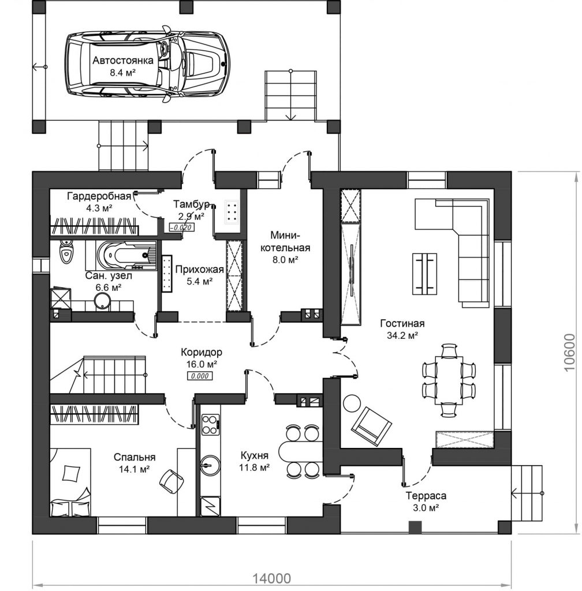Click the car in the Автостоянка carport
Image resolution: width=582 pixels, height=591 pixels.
147,64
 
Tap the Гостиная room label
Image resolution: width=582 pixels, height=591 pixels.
402,323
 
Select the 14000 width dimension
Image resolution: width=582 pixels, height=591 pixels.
271,578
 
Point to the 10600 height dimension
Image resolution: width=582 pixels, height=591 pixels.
569,353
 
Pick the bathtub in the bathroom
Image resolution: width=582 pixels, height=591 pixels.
126,256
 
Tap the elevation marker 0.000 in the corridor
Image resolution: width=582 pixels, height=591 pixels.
200,376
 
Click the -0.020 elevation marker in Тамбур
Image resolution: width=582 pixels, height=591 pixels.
182,227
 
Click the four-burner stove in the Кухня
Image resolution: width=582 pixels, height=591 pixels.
210,424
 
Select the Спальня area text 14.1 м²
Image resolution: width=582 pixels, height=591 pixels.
135,469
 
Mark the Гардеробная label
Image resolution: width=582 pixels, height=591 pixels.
99,196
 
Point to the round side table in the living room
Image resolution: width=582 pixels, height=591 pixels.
352,403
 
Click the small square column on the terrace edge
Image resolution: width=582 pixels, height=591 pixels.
415,528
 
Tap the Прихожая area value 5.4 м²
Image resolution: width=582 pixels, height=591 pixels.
200,281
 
